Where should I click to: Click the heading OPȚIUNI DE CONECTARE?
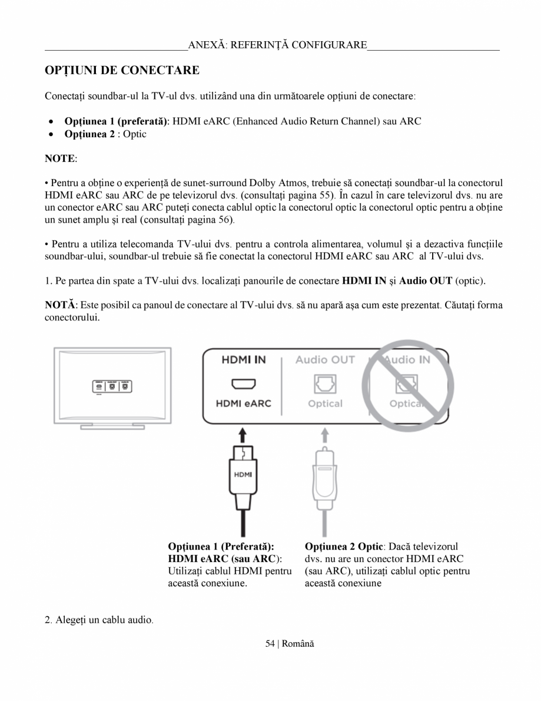(x=122, y=71)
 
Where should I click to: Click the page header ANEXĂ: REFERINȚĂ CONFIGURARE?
(x=277, y=45)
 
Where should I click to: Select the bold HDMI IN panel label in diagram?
(x=244, y=359)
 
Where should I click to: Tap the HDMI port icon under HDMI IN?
(x=243, y=384)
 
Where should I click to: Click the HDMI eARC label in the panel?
(x=243, y=404)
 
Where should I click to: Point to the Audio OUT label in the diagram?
(x=325, y=359)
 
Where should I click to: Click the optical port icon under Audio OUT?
(x=325, y=384)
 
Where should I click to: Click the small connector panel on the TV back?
(x=111, y=386)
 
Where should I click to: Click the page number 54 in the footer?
(x=270, y=643)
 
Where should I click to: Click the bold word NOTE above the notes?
(x=60, y=159)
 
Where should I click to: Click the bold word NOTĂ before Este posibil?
(x=60, y=305)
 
